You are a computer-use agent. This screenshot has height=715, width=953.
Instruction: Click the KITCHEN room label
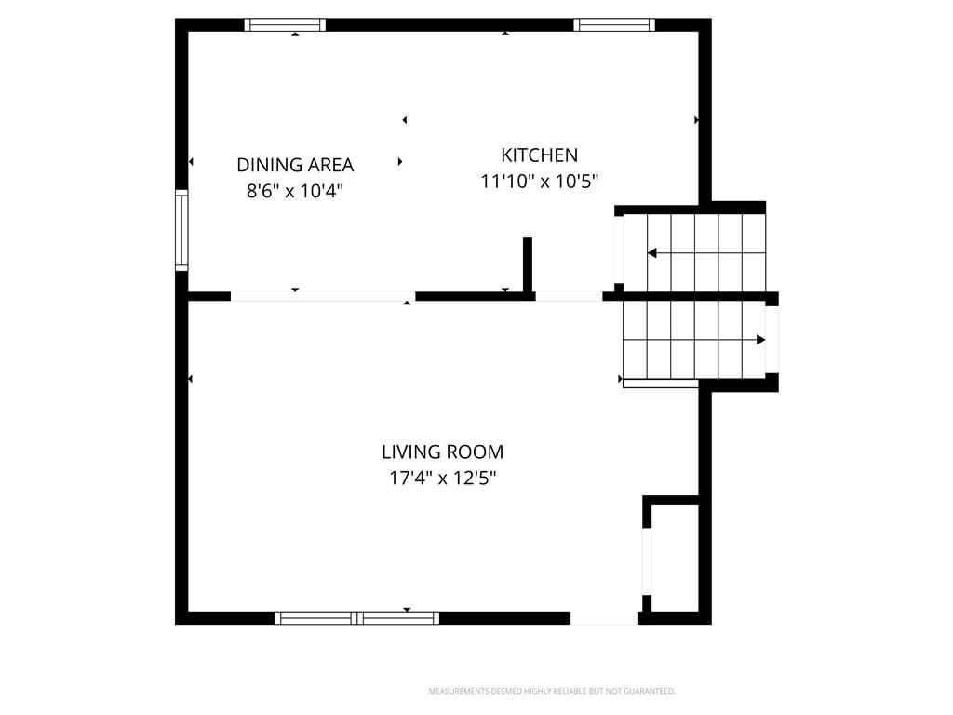tap(539, 155)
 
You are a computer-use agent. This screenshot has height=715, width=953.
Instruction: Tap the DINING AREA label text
tap(295, 165)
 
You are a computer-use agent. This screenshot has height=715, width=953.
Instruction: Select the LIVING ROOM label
tap(442, 452)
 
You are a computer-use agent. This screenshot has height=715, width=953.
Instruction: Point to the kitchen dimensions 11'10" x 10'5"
tap(540, 182)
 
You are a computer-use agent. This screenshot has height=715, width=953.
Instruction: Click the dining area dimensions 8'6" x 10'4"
tap(295, 191)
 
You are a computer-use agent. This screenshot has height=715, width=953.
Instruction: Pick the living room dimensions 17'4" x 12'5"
tap(442, 478)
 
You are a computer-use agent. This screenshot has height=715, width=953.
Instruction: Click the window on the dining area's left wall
tap(181, 230)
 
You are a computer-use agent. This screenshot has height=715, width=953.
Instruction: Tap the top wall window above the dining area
tap(285, 25)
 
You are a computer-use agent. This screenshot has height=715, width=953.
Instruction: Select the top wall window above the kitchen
tap(614, 25)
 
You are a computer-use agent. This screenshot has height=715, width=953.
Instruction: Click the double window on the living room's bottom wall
tap(356, 618)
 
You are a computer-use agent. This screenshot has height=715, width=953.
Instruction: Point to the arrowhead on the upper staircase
tap(652, 253)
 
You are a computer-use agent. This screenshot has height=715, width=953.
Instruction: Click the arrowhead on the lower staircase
tap(760, 340)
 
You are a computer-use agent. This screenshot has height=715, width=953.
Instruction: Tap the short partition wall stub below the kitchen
tap(528, 265)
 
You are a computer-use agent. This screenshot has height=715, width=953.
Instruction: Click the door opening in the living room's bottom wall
tap(603, 618)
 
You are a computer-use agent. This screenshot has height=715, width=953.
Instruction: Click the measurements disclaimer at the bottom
tap(552, 691)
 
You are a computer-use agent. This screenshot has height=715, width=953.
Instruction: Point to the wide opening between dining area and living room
tap(323, 297)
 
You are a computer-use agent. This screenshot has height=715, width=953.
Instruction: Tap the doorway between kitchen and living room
tap(569, 297)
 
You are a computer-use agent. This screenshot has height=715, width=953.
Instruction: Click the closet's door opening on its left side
tap(648, 561)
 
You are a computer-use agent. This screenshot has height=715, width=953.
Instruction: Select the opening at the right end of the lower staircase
tap(772, 340)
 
